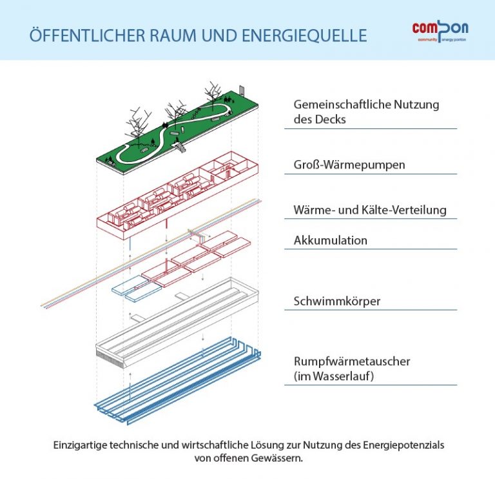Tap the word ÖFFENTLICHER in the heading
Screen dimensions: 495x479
[x=88, y=35]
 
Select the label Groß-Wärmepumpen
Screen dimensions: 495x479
[x=349, y=165]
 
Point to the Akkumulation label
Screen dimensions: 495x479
[x=331, y=240]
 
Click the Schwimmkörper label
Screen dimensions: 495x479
[x=337, y=301]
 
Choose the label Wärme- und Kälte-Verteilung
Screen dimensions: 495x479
[x=370, y=210]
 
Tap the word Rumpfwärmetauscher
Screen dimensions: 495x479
[x=352, y=362]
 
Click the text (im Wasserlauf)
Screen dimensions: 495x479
[x=334, y=376]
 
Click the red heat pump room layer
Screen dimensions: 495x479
[x=177, y=196]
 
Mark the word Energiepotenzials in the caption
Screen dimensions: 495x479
[x=403, y=445]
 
